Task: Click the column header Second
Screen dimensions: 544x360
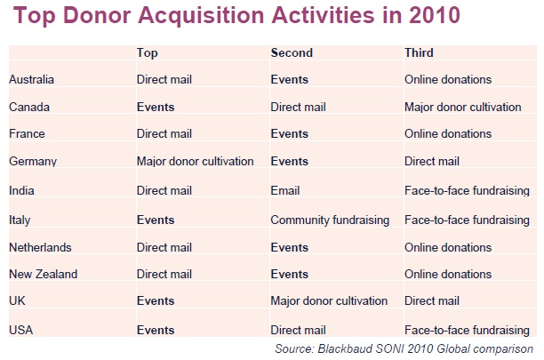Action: tap(292, 52)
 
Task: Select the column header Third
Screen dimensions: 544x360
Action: tap(419, 52)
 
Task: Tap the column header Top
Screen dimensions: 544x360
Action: tap(147, 53)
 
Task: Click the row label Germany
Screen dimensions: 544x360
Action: tap(33, 161)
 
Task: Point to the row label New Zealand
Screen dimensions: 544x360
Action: tap(44, 274)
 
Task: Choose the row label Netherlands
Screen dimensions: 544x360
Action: tap(40, 247)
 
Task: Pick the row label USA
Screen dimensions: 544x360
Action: tap(21, 330)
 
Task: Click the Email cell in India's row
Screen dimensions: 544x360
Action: tap(284, 190)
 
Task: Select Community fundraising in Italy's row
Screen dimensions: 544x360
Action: tap(330, 220)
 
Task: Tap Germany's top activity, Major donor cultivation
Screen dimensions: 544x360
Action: tap(195, 161)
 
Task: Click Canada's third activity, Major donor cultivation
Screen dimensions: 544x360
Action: tap(463, 107)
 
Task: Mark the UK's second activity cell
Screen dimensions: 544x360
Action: tap(329, 300)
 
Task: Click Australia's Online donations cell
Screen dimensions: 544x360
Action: tap(448, 79)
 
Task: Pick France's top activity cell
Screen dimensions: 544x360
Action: tap(164, 133)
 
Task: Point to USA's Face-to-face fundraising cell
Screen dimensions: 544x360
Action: tap(467, 330)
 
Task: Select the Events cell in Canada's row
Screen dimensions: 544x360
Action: tap(156, 107)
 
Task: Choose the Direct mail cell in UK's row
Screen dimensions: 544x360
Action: tap(432, 300)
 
